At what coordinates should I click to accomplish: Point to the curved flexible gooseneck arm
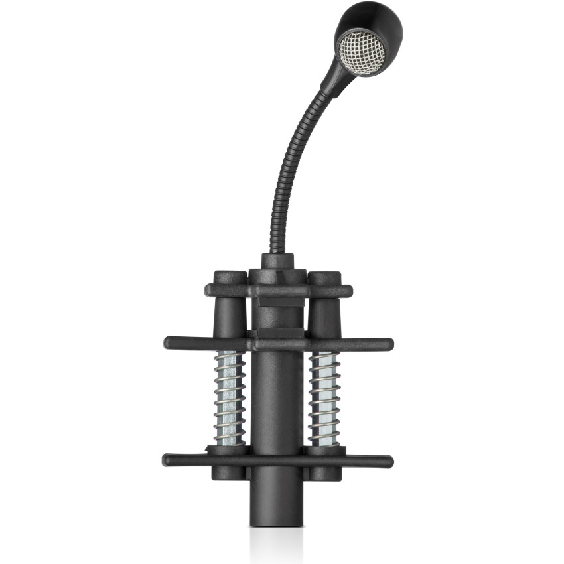click(x=285, y=166)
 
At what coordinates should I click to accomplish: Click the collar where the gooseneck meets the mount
click(x=277, y=260)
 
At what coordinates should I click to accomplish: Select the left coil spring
click(x=230, y=398)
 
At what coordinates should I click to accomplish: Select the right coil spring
click(x=324, y=398)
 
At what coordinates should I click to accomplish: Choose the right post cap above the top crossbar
click(x=324, y=277)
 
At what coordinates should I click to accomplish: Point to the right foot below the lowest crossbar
click(x=325, y=473)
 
